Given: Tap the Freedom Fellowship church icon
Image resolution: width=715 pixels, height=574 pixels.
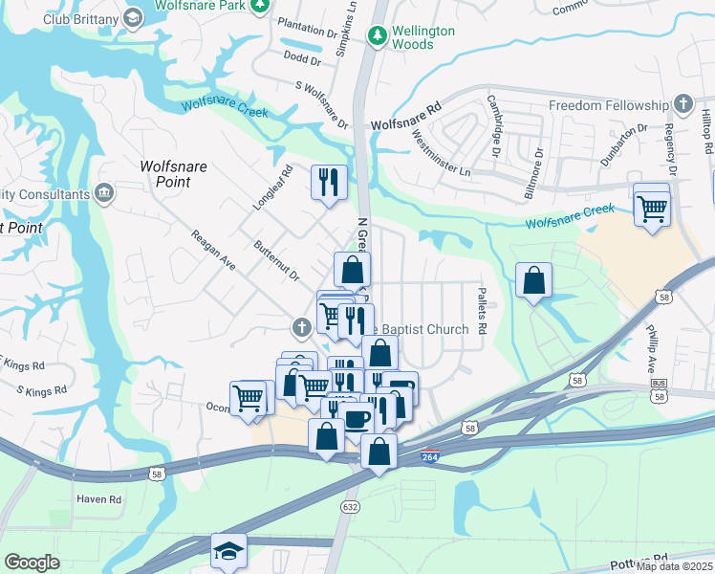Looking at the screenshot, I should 682,104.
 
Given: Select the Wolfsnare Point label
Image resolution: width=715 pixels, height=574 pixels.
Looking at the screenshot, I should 173,173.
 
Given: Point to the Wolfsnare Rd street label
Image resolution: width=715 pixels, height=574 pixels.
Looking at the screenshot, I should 405,124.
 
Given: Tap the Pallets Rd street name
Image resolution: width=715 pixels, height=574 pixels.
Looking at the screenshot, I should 482,314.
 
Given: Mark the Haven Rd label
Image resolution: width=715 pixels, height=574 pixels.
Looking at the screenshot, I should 101,499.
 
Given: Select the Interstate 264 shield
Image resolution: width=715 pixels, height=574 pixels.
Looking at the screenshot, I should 431,458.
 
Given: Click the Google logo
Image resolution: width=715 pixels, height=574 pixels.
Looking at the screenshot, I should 32,562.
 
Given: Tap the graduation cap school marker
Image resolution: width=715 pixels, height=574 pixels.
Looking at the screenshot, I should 228,550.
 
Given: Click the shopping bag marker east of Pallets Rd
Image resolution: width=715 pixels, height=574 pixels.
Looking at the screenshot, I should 534,279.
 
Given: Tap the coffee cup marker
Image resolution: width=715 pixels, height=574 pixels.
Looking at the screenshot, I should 357,418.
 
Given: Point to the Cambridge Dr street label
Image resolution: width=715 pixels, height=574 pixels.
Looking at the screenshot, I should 495,125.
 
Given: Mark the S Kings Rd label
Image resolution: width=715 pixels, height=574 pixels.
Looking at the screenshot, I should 42,390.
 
